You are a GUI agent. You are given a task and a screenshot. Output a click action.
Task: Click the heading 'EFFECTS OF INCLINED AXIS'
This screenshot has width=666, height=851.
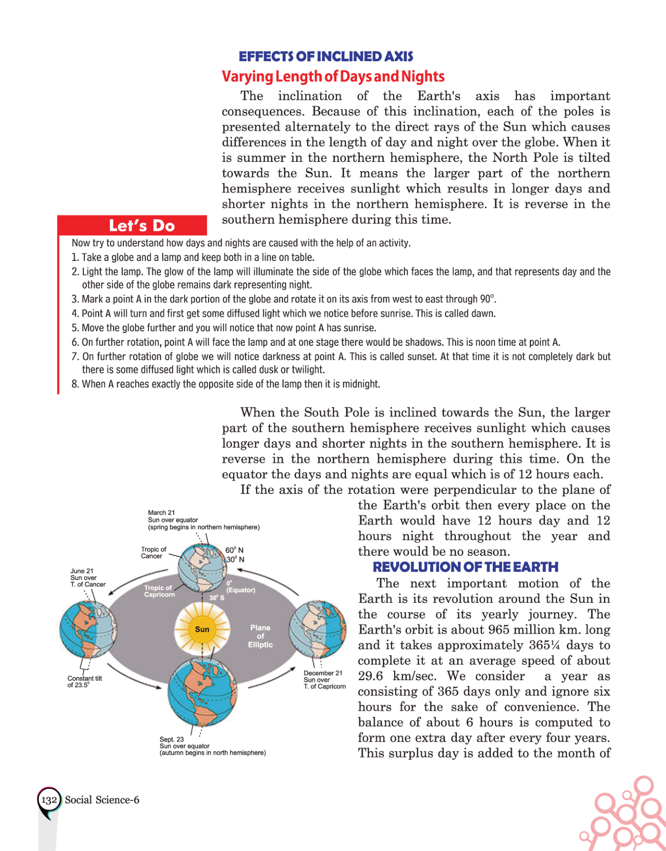[x=326, y=57]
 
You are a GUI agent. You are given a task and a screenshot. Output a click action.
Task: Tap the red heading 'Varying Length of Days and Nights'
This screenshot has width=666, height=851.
[x=333, y=77]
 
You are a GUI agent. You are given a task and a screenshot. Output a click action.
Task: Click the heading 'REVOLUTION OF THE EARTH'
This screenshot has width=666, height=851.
[x=466, y=567]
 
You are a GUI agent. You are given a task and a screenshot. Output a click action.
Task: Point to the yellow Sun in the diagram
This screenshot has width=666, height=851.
[x=202, y=629]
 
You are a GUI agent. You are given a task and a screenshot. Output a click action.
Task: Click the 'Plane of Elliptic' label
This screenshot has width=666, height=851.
[x=261, y=636]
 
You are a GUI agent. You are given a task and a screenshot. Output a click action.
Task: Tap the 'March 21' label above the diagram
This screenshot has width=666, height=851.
[x=161, y=512]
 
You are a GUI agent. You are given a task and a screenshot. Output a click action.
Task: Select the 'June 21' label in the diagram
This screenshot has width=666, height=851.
[x=82, y=571]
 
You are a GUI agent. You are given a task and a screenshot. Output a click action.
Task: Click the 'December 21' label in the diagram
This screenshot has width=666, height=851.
[x=323, y=673]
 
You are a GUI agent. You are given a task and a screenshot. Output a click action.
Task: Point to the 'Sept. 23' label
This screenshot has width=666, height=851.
[x=172, y=739]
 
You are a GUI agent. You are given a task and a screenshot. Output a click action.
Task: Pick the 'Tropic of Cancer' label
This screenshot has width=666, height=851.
[x=154, y=552]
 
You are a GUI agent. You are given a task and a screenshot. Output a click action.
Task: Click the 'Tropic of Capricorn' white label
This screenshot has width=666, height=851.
[x=159, y=591]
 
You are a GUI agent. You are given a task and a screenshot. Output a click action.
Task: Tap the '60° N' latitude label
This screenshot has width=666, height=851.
[x=234, y=550]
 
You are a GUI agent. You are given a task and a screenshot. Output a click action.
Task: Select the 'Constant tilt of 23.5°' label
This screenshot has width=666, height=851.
[x=84, y=681]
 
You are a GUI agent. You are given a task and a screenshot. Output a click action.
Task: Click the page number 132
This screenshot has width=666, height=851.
[x=49, y=800]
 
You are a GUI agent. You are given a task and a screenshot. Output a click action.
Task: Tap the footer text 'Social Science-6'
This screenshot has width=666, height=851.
[x=102, y=800]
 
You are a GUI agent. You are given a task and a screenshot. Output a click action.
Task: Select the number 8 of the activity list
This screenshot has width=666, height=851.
[x=75, y=384]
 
